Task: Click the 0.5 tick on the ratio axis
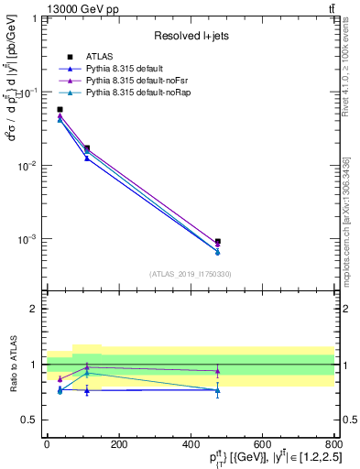(34, 420)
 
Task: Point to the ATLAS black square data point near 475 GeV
(217, 242)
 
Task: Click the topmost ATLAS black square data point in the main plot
(60, 109)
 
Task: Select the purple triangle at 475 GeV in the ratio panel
(217, 371)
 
